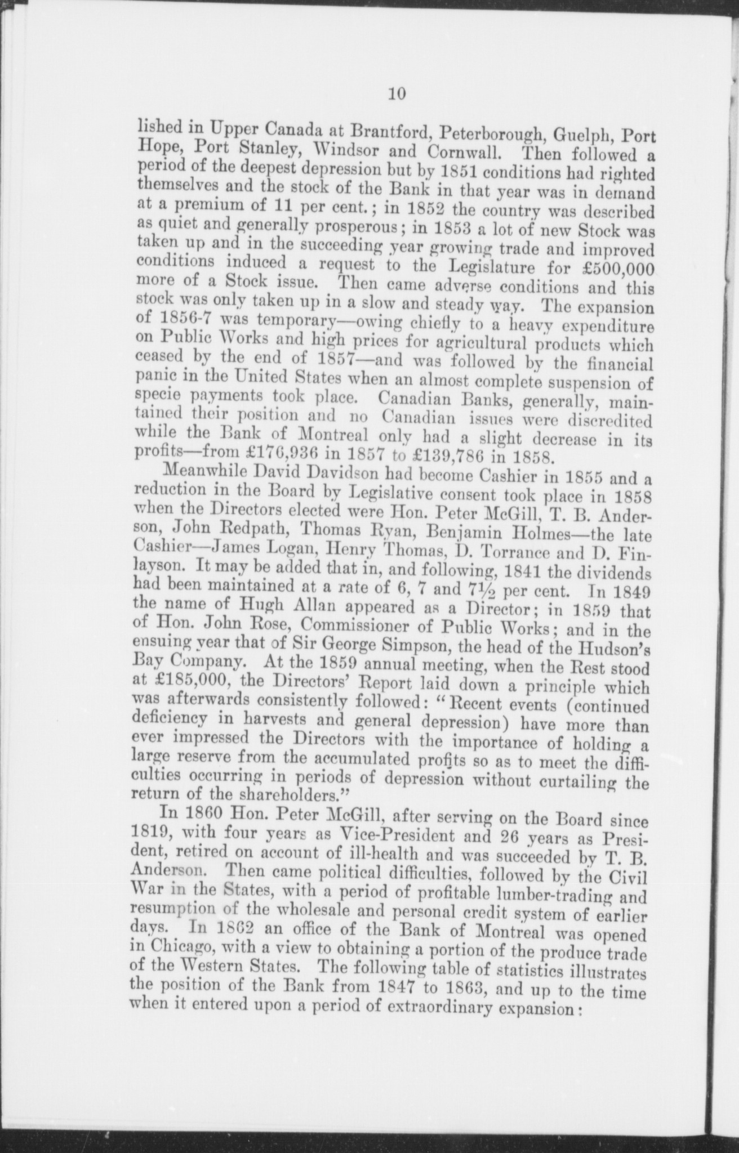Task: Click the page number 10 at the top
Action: [397, 93]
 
